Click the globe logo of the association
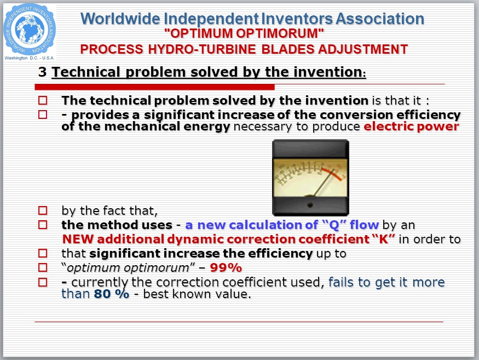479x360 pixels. point(30,30)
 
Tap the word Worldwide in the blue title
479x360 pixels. point(120,19)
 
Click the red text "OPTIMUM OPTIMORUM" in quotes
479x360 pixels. point(244,33)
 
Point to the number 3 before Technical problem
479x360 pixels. point(43,72)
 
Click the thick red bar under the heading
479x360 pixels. point(154,87)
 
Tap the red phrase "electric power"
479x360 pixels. point(411,127)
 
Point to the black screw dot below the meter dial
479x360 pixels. point(310,205)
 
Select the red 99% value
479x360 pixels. point(226,267)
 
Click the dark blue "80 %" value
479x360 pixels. point(112,294)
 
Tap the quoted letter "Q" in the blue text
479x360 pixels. point(334,225)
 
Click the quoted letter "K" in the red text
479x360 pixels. point(384,239)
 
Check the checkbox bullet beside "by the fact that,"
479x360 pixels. point(43,210)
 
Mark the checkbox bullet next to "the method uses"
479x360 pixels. point(43,225)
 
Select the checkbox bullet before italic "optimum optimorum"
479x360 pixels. point(43,267)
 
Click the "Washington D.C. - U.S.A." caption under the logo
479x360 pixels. point(30,58)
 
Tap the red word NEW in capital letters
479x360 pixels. point(78,239)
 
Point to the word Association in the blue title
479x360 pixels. point(380,19)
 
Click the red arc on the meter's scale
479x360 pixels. point(333,172)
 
